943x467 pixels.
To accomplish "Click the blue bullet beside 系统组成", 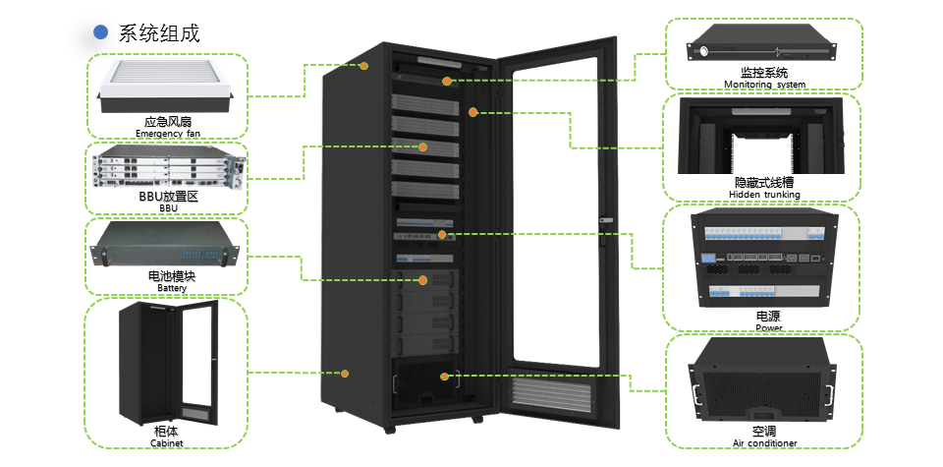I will pyautogui.click(x=100, y=32).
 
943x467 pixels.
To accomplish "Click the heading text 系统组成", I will pyautogui.click(x=159, y=32).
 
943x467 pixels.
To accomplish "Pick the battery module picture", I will pyautogui.click(x=166, y=246).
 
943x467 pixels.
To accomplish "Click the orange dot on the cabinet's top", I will pyautogui.click(x=363, y=66).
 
